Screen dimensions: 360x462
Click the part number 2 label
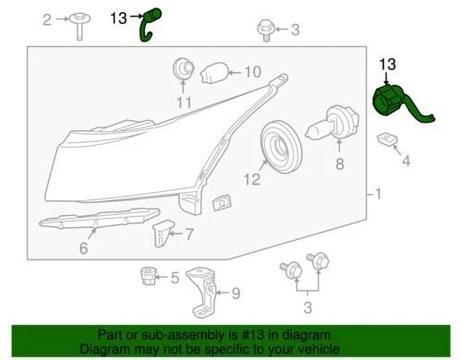(49, 19)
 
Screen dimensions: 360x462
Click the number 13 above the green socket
(387, 64)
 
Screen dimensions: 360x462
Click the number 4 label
(406, 162)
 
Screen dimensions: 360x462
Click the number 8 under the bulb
(339, 164)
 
